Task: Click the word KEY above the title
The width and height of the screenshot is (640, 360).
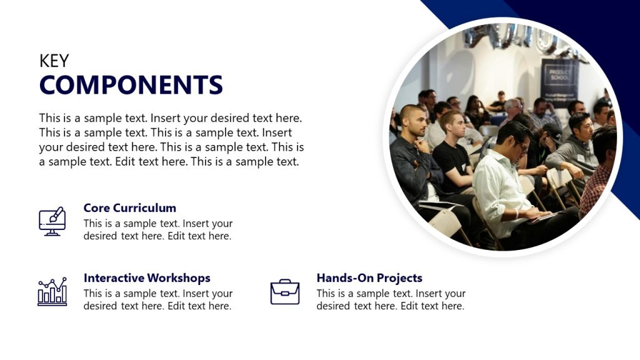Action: [x=54, y=61]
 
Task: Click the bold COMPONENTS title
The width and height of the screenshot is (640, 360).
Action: [x=131, y=85]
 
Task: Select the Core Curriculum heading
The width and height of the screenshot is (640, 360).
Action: [x=129, y=208]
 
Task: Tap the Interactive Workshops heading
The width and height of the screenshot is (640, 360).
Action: [x=147, y=278]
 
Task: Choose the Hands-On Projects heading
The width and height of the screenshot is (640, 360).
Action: [x=369, y=278]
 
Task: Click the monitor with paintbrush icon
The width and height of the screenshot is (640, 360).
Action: [x=52, y=221]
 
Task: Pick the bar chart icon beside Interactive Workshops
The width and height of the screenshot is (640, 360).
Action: [x=52, y=292]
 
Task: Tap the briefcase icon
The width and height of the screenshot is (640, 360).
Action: [x=285, y=292]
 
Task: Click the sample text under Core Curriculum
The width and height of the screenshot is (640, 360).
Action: [x=157, y=230]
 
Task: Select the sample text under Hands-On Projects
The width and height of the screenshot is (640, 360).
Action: [x=391, y=300]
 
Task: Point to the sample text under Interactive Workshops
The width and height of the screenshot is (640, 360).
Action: [x=157, y=300]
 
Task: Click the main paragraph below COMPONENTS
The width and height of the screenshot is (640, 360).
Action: [x=171, y=139]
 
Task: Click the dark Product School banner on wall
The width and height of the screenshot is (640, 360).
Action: [x=559, y=81]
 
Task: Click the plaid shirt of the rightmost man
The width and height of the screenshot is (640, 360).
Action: [x=595, y=187]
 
